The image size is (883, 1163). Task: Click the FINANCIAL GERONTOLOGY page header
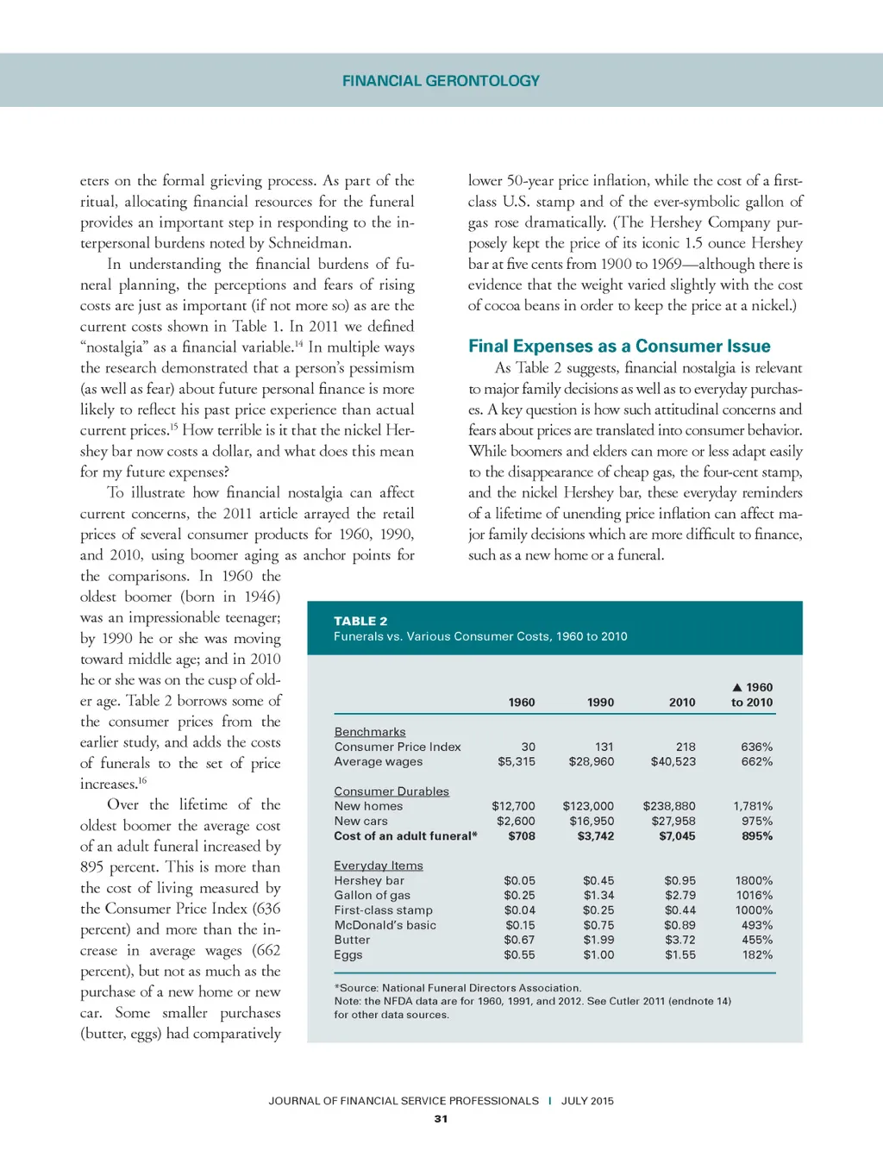pos(441,81)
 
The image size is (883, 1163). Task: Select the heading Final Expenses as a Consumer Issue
pos(618,347)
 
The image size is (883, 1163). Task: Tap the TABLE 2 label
pos(360,621)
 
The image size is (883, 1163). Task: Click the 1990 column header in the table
pos(600,703)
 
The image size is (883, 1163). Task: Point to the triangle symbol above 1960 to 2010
pos(737,687)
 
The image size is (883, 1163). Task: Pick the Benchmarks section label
pos(369,732)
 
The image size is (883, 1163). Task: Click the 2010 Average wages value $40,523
pos(673,761)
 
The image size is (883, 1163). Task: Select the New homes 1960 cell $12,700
pos(513,806)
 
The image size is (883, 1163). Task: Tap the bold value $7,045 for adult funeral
pos(677,835)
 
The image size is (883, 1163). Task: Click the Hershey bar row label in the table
pos(369,880)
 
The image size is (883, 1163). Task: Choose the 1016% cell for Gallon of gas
pos(754,895)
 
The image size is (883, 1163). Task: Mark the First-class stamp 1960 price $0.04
pos(519,910)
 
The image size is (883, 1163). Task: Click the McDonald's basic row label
pos(385,925)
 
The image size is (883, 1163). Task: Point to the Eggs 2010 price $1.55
pos(679,954)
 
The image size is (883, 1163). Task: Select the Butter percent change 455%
pos(756,940)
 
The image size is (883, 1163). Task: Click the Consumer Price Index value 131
pos(604,747)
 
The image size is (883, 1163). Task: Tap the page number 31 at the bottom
pos(441,1119)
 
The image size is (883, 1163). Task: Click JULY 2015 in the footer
pos(587,1101)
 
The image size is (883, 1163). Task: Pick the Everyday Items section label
pos(378,866)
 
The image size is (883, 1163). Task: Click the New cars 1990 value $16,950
pos(592,821)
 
